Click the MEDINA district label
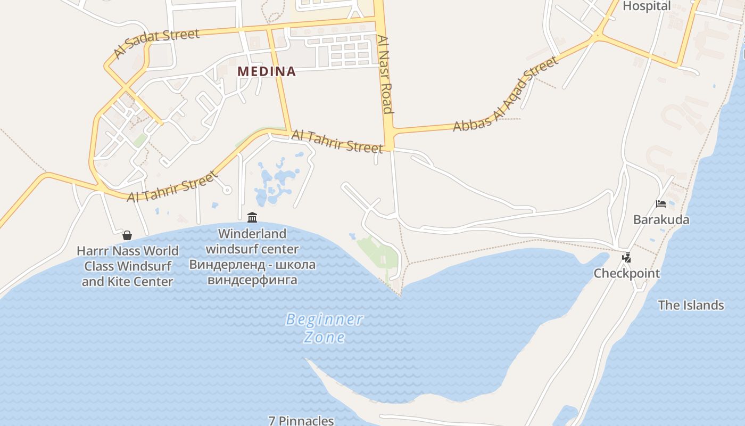tap(267, 71)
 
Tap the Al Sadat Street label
tap(156, 43)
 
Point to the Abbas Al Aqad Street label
tap(506, 94)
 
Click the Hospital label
tap(647, 6)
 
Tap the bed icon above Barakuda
tap(661, 203)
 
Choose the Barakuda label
tap(661, 219)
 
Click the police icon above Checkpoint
tap(626, 258)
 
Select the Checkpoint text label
tap(626, 274)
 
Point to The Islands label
tap(691, 305)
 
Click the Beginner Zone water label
tap(325, 328)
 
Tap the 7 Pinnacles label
tap(301, 420)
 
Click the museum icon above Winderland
tap(252, 217)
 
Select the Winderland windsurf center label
tap(252, 241)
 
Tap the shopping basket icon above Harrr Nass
tap(127, 235)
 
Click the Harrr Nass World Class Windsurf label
tap(128, 266)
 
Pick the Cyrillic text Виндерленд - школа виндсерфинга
tap(252, 272)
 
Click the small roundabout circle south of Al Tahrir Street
tap(227, 190)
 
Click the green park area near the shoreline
tap(379, 255)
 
